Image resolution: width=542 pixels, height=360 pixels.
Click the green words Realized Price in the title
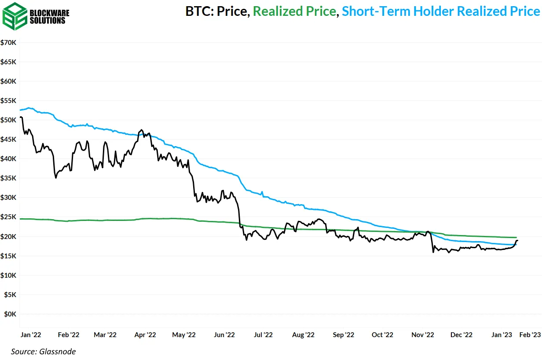[x=294, y=11]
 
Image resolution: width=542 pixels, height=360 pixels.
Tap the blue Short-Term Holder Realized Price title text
[x=440, y=11]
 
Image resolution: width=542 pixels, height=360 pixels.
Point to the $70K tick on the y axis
[x=9, y=43]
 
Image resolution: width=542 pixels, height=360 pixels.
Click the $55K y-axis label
[x=9, y=101]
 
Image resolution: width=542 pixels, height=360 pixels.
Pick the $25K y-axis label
[x=9, y=217]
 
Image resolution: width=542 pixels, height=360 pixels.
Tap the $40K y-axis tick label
[x=9, y=159]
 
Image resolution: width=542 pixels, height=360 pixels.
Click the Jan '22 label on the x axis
[x=31, y=335]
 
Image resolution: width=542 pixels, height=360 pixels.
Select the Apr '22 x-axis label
[x=145, y=335]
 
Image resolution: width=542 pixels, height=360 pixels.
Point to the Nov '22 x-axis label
[x=423, y=335]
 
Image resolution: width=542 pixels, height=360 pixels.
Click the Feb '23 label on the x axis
[x=530, y=335]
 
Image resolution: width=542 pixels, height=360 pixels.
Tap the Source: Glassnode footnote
[x=44, y=351]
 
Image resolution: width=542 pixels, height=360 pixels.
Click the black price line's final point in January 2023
[x=518, y=240]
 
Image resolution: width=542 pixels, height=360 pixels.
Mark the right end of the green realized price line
[x=516, y=238]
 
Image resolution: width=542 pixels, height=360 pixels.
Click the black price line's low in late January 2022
[x=56, y=177]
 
